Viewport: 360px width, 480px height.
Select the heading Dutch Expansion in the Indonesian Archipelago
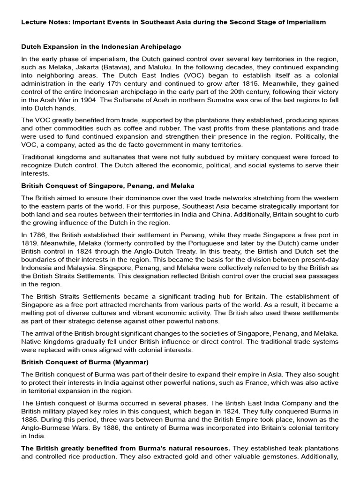point(101,47)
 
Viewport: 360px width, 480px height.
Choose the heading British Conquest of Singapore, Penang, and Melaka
point(108,186)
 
